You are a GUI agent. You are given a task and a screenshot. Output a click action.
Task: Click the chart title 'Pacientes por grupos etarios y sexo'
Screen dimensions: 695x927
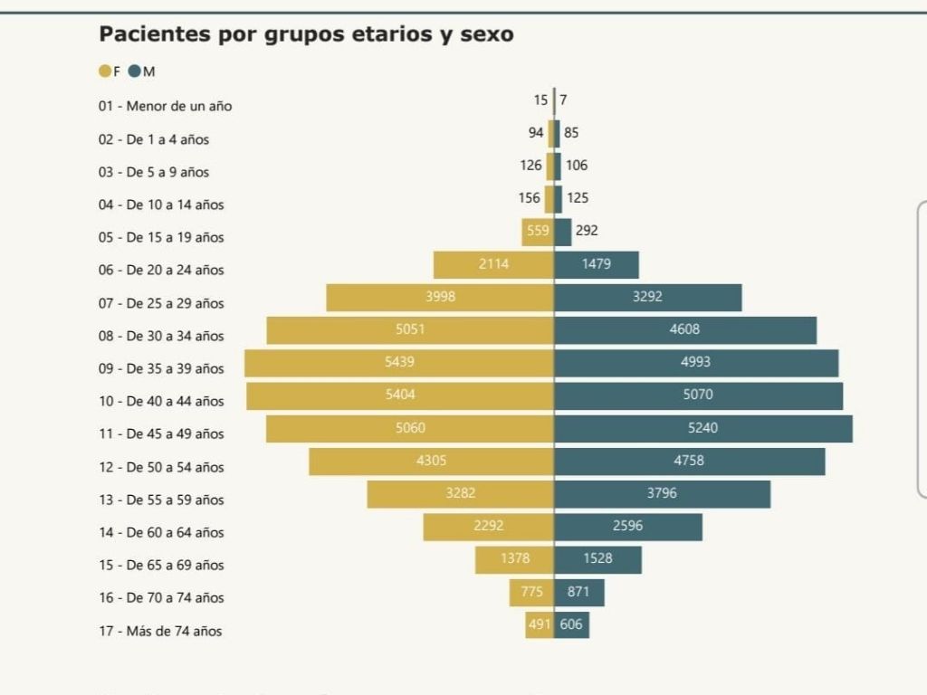(x=306, y=34)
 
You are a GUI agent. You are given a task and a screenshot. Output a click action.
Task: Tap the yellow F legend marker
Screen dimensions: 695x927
(x=105, y=71)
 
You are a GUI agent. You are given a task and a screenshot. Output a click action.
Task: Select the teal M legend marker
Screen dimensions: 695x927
(x=135, y=71)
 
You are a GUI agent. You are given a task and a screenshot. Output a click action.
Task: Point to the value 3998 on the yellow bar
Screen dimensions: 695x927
(x=440, y=297)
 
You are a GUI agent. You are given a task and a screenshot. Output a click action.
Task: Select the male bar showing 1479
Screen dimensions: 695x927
(x=597, y=264)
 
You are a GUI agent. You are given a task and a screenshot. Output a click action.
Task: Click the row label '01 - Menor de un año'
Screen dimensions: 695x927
(x=166, y=106)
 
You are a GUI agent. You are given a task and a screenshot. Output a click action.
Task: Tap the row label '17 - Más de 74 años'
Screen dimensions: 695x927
(x=160, y=631)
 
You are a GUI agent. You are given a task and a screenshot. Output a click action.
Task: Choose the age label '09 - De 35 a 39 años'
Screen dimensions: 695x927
(x=161, y=368)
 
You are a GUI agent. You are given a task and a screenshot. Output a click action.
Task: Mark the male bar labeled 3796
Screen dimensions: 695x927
(x=662, y=494)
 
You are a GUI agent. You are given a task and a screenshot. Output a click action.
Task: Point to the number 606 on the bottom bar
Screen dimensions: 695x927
(x=571, y=624)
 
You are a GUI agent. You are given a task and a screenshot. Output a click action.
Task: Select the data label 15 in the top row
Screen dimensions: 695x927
(x=540, y=100)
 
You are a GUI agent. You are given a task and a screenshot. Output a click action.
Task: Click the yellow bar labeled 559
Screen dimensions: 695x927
(x=538, y=232)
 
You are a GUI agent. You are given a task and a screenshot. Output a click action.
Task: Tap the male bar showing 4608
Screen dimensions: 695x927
(x=685, y=330)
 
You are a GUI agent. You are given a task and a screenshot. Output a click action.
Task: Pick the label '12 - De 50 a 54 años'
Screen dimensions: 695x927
(x=161, y=467)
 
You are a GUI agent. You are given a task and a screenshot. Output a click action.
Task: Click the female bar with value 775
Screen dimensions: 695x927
(x=531, y=593)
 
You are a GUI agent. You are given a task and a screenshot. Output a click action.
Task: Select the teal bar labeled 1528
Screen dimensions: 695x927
(x=597, y=559)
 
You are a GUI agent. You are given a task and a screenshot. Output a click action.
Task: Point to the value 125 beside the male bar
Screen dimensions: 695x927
(x=578, y=198)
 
